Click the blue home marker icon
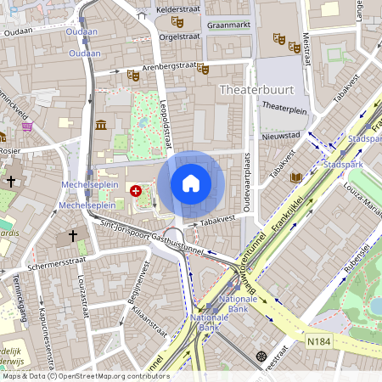pos(191,183)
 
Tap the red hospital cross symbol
pos(136,191)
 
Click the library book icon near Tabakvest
pos(295,177)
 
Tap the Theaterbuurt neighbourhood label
pos(254,89)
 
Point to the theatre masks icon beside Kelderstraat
pos(177,21)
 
